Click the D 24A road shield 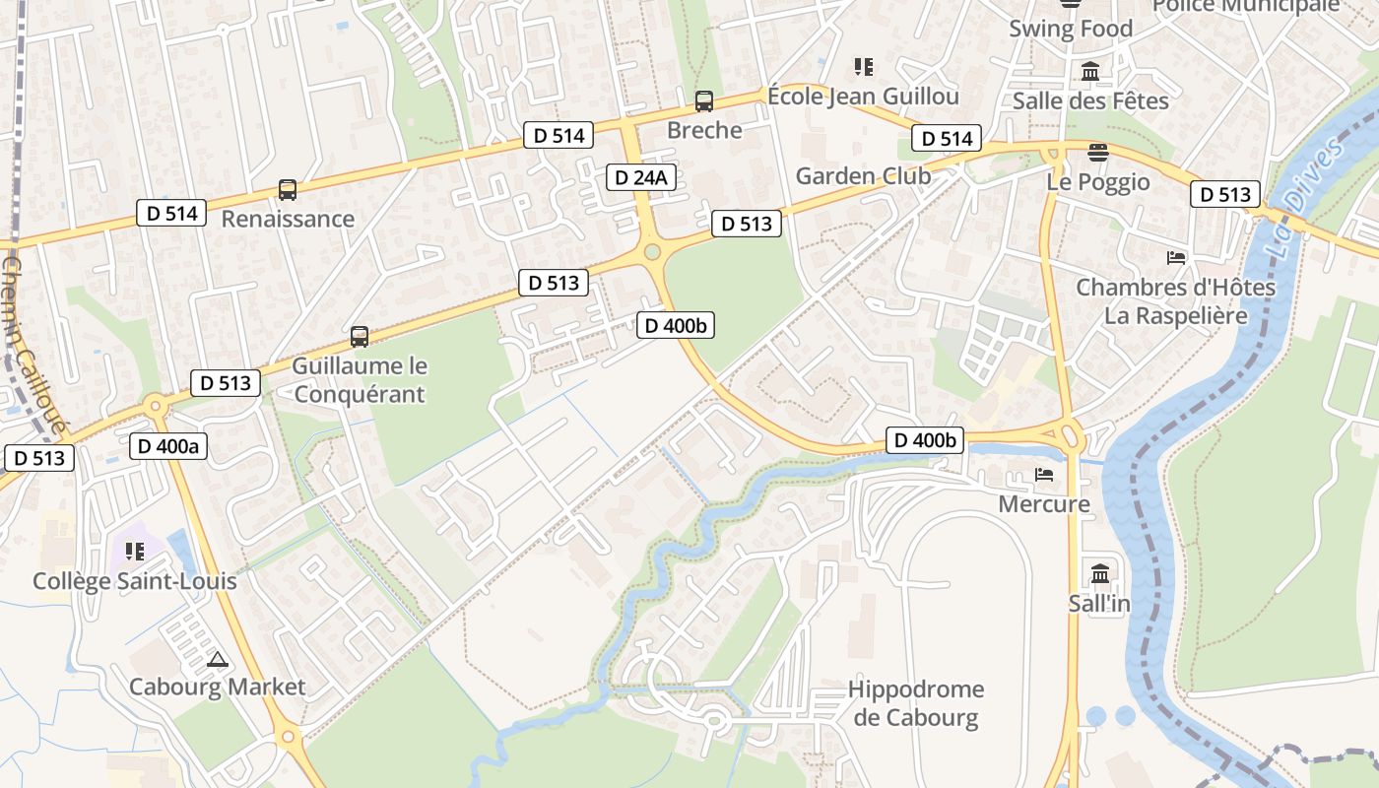point(639,177)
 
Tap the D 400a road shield point(168,446)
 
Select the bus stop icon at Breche point(704,100)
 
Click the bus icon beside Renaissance point(288,190)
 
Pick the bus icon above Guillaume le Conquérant point(360,337)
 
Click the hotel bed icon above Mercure point(1044,475)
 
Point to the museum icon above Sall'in point(1099,573)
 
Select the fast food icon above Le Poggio point(1098,152)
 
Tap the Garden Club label point(863,176)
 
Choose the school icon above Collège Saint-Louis point(134,552)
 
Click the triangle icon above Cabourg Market point(218,659)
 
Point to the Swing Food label point(1071,29)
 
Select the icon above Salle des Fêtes point(1090,72)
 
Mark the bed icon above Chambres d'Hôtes point(1175,258)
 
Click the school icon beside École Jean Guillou point(864,67)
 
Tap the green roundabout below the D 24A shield point(651,253)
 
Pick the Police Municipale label point(1246,6)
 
